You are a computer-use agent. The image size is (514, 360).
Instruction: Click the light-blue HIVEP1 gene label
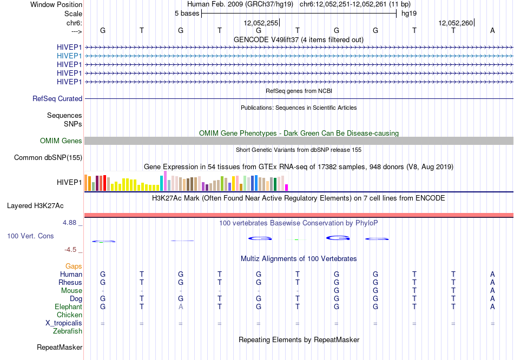click(69, 56)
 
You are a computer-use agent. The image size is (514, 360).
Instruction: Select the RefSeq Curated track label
click(57, 98)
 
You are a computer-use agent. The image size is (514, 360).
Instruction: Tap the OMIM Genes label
click(61, 141)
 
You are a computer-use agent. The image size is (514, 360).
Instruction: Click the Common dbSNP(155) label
click(48, 157)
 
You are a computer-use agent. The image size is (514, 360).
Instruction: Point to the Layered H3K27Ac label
click(35, 206)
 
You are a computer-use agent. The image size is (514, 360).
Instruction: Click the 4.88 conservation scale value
click(69, 223)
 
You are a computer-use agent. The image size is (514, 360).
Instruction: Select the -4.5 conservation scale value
click(70, 250)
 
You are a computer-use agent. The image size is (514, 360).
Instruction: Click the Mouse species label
click(71, 291)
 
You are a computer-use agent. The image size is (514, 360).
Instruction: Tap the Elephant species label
click(69, 307)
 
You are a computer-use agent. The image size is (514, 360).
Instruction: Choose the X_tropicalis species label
click(64, 323)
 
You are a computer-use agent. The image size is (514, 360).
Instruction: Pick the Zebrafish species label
click(68, 331)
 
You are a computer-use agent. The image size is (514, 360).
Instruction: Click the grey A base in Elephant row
click(181, 307)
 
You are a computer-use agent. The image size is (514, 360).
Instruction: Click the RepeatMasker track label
click(60, 347)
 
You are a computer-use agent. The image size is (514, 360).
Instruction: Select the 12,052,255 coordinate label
click(261, 23)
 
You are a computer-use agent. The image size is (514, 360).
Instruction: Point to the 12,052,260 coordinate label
click(456, 23)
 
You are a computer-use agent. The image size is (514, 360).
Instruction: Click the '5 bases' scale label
click(187, 14)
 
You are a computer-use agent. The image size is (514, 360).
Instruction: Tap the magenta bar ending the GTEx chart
click(287, 188)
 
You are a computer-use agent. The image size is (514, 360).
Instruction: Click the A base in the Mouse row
click(492, 291)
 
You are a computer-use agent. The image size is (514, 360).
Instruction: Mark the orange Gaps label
click(74, 266)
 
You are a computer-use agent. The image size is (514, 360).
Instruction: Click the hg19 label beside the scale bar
click(409, 14)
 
